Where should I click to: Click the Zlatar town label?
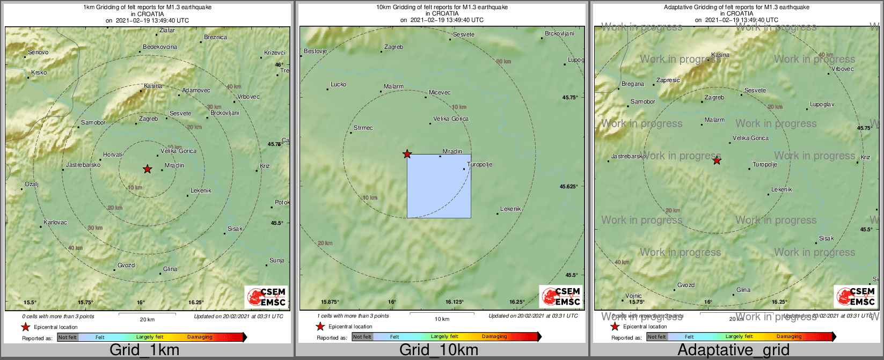click(x=167, y=31)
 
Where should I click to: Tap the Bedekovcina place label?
click(x=160, y=47)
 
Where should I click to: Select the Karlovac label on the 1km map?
click(x=55, y=222)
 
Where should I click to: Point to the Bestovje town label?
click(x=316, y=52)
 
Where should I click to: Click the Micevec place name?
click(x=440, y=93)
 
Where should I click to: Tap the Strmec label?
click(x=363, y=128)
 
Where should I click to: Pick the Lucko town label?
click(x=338, y=85)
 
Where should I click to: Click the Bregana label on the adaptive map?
click(x=633, y=84)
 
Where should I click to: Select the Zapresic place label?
click(x=668, y=80)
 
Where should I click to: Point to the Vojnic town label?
click(x=634, y=296)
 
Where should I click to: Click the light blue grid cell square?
click(x=439, y=186)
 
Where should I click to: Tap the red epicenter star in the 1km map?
click(x=148, y=170)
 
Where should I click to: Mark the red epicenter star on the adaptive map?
click(x=717, y=160)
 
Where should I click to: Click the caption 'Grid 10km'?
click(x=439, y=350)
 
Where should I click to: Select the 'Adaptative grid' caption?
click(x=733, y=350)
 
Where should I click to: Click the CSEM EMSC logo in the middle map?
click(x=560, y=297)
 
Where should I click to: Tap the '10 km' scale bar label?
click(x=442, y=319)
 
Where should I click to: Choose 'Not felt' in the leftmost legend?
click(x=68, y=337)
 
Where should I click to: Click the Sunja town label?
click(x=277, y=261)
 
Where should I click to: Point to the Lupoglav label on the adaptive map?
click(x=822, y=105)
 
